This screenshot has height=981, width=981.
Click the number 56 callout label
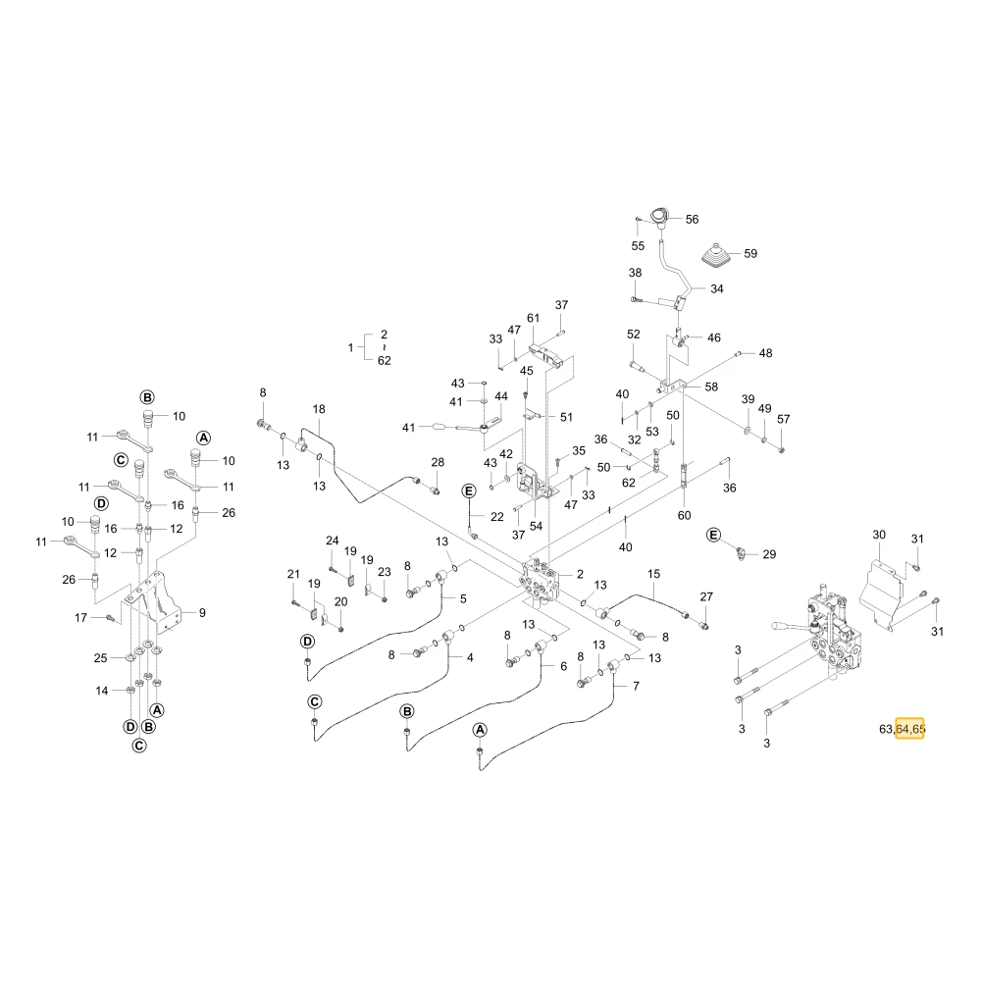point(692,220)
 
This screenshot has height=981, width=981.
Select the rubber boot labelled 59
point(719,256)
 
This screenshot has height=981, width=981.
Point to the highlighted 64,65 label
point(909,729)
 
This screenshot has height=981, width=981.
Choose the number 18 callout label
point(319,409)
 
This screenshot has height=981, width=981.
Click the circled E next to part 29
point(713,535)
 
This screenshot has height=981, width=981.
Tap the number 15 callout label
point(653,574)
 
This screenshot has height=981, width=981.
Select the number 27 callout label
point(706,596)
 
